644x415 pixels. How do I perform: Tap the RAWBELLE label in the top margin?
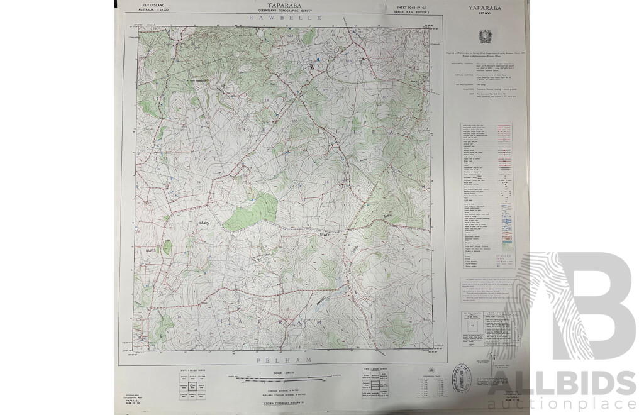point(286,19)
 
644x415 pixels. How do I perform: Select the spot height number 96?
point(326,182)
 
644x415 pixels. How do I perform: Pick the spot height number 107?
point(386,97)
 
